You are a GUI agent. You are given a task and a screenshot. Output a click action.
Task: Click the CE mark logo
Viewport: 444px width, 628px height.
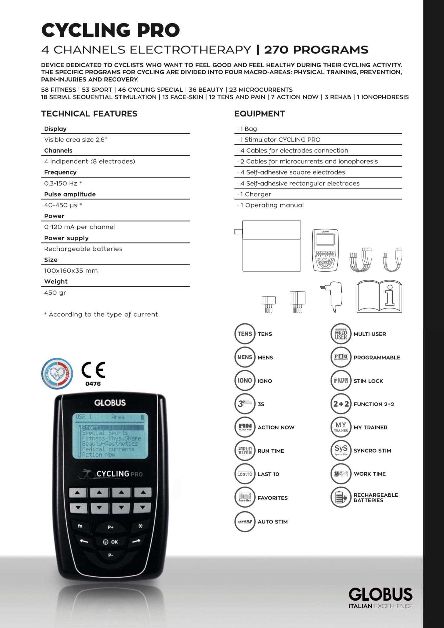click(x=93, y=370)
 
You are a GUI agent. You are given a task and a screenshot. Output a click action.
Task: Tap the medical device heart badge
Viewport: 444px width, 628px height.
click(x=57, y=373)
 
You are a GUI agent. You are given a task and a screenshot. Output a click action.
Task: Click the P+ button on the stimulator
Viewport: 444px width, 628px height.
click(x=110, y=527)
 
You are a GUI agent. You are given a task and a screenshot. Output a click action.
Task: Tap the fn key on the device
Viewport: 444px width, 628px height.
click(x=80, y=526)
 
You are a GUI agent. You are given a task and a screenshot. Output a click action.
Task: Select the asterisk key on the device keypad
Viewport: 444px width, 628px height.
click(x=140, y=526)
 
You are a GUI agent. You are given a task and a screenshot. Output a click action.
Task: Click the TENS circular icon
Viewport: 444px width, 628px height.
click(x=244, y=334)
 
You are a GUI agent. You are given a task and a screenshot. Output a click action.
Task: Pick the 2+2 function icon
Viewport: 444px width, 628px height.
click(x=341, y=404)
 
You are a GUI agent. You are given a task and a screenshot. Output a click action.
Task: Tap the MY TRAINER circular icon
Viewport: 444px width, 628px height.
click(x=341, y=427)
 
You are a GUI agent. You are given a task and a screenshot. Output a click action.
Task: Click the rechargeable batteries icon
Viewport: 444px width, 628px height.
click(x=341, y=497)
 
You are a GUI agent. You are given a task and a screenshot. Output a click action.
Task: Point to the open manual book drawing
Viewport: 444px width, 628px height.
click(x=379, y=297)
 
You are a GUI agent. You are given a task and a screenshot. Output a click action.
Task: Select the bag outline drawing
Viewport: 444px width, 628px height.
click(x=271, y=246)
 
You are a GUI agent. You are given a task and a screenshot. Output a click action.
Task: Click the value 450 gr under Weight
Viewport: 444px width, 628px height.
click(x=55, y=293)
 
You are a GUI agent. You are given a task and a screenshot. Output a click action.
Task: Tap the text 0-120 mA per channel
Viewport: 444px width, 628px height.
click(x=79, y=227)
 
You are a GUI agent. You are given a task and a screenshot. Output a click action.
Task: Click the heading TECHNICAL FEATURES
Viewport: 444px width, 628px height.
click(x=89, y=114)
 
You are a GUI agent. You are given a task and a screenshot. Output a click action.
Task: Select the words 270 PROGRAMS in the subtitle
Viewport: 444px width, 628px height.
click(x=316, y=50)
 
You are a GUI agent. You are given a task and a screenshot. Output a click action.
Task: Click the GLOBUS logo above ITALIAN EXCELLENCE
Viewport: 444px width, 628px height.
click(x=380, y=594)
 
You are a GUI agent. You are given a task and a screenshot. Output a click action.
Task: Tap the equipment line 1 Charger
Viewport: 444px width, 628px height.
click(x=255, y=194)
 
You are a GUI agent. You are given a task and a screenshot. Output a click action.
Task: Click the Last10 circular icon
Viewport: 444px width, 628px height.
click(x=244, y=474)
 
